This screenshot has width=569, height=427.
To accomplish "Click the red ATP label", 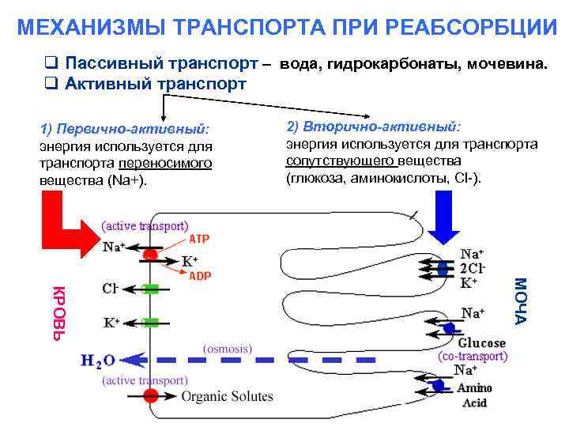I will (x=198, y=238).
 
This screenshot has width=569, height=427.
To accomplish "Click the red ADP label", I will (x=199, y=276).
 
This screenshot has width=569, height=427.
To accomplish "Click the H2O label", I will (x=98, y=361).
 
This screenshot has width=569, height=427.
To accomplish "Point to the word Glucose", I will (x=481, y=343).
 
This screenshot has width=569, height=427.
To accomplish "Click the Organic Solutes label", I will (x=228, y=396).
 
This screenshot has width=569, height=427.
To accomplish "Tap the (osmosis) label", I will (x=228, y=348).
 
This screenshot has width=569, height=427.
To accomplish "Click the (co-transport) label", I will (x=473, y=357).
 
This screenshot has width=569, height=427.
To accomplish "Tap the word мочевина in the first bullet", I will (x=507, y=62).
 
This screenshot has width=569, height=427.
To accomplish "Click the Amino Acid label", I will (x=474, y=395).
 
